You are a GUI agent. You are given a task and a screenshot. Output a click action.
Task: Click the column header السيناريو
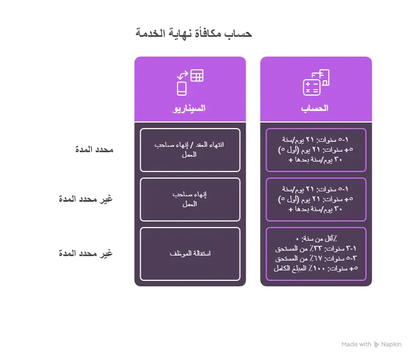click(190, 108)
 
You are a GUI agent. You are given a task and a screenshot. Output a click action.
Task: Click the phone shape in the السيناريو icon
click(181, 88)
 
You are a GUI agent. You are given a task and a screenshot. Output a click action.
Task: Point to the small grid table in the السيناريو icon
click(197, 76)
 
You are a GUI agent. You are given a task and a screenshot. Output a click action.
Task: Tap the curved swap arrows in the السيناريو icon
click(182, 75)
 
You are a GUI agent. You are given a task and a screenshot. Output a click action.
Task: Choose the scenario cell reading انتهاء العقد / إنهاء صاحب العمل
click(190, 149)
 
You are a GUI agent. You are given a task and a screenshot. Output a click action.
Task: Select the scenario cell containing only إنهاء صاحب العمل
click(190, 199)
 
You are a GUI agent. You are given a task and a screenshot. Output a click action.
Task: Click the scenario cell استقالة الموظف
click(190, 253)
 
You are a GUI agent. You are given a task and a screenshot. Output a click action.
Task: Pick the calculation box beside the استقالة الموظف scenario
click(316, 253)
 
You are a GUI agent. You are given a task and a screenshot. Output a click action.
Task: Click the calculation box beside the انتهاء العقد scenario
click(316, 149)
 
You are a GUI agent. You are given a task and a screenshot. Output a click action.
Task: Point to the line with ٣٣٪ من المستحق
click(316, 248)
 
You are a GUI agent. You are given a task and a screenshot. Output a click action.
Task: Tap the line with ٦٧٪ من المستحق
click(316, 258)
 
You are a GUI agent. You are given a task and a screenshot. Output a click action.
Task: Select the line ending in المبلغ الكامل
click(316, 268)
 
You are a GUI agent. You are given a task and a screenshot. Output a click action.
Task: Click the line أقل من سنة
click(316, 239)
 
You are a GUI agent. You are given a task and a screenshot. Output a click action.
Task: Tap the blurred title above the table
click(193, 34)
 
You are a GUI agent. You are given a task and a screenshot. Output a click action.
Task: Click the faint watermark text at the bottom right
click(368, 344)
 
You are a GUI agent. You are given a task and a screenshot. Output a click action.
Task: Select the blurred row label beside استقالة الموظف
click(86, 253)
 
